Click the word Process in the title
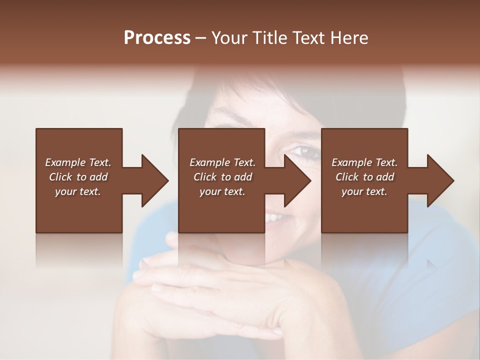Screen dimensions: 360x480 click(x=157, y=38)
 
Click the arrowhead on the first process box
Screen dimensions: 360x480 click(x=152, y=180)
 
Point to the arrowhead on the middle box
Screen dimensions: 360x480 click(x=295, y=180)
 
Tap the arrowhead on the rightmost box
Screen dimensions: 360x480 click(x=438, y=180)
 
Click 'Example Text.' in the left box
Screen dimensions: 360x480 click(x=78, y=162)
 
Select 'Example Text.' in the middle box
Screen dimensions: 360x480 click(x=222, y=162)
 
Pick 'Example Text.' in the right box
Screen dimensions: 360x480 click(x=364, y=162)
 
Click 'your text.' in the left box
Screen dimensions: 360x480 click(x=78, y=191)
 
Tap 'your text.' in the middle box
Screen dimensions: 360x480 click(x=222, y=191)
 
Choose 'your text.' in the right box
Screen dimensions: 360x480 click(x=364, y=191)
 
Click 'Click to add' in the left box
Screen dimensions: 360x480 click(x=78, y=177)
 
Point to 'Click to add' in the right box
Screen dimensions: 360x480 click(x=364, y=177)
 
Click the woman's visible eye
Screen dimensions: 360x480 click(x=303, y=150)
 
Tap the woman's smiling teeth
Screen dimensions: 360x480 click(x=275, y=218)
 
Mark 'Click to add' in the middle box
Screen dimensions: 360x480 click(x=222, y=177)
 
